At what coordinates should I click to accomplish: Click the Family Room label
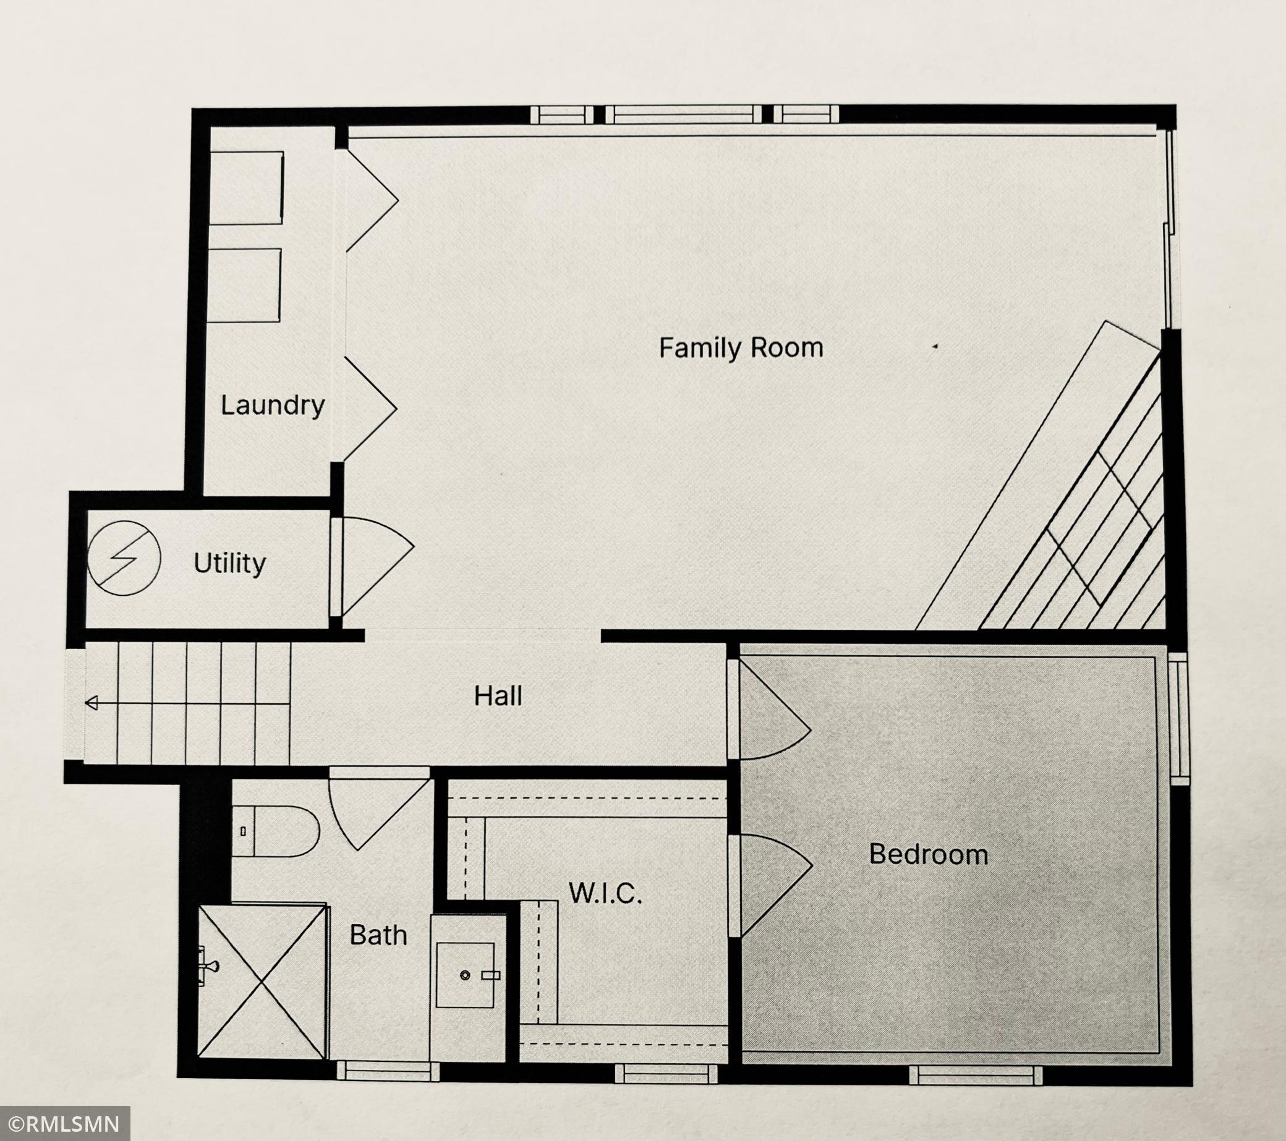click(x=741, y=348)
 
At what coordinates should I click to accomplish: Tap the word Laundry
click(x=273, y=405)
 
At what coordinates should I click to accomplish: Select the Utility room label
click(x=229, y=564)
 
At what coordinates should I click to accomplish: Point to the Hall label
click(x=498, y=696)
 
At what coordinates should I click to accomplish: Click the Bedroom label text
click(x=929, y=854)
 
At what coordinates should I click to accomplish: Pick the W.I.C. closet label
click(x=605, y=893)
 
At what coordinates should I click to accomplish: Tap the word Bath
click(x=378, y=935)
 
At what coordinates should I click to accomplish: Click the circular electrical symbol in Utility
click(x=124, y=558)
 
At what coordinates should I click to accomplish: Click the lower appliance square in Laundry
click(x=244, y=285)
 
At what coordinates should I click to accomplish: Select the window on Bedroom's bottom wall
click(x=976, y=1075)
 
